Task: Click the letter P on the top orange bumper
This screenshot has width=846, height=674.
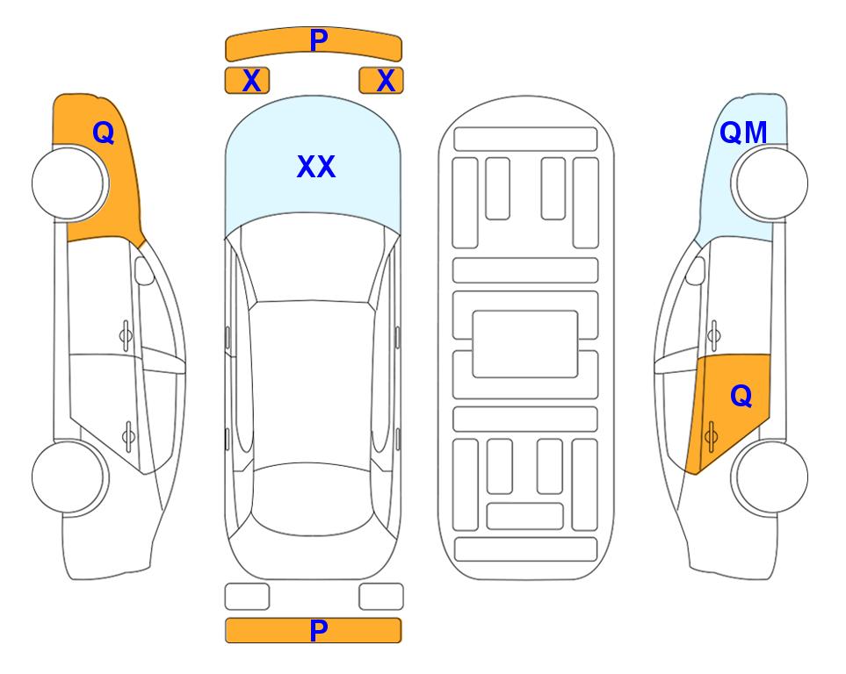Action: [319, 40]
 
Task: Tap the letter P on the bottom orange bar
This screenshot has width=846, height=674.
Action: [318, 630]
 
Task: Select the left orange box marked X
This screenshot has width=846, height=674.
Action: [247, 81]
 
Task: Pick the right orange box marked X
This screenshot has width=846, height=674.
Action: [381, 81]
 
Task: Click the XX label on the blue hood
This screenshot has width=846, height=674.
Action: [316, 167]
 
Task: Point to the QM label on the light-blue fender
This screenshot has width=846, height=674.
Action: [743, 133]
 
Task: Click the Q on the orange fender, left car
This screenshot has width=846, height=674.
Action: [104, 133]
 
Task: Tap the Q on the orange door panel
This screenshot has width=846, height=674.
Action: [741, 397]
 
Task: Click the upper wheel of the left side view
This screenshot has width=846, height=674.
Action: [70, 183]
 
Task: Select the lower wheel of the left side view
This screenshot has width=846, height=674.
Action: [70, 477]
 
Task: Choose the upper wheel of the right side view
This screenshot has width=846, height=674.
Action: [770, 183]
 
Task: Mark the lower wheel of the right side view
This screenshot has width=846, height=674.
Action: [770, 477]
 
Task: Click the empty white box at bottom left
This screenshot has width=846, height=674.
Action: [247, 597]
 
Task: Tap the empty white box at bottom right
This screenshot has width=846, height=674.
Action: [381, 597]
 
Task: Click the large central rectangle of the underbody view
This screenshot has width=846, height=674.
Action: [525, 344]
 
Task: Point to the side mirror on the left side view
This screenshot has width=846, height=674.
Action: [144, 270]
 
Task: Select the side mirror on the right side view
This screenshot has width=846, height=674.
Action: [696, 270]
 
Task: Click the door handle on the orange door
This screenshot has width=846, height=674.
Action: [711, 436]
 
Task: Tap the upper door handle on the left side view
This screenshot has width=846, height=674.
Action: [126, 335]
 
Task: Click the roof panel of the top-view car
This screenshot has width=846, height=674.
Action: [311, 383]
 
